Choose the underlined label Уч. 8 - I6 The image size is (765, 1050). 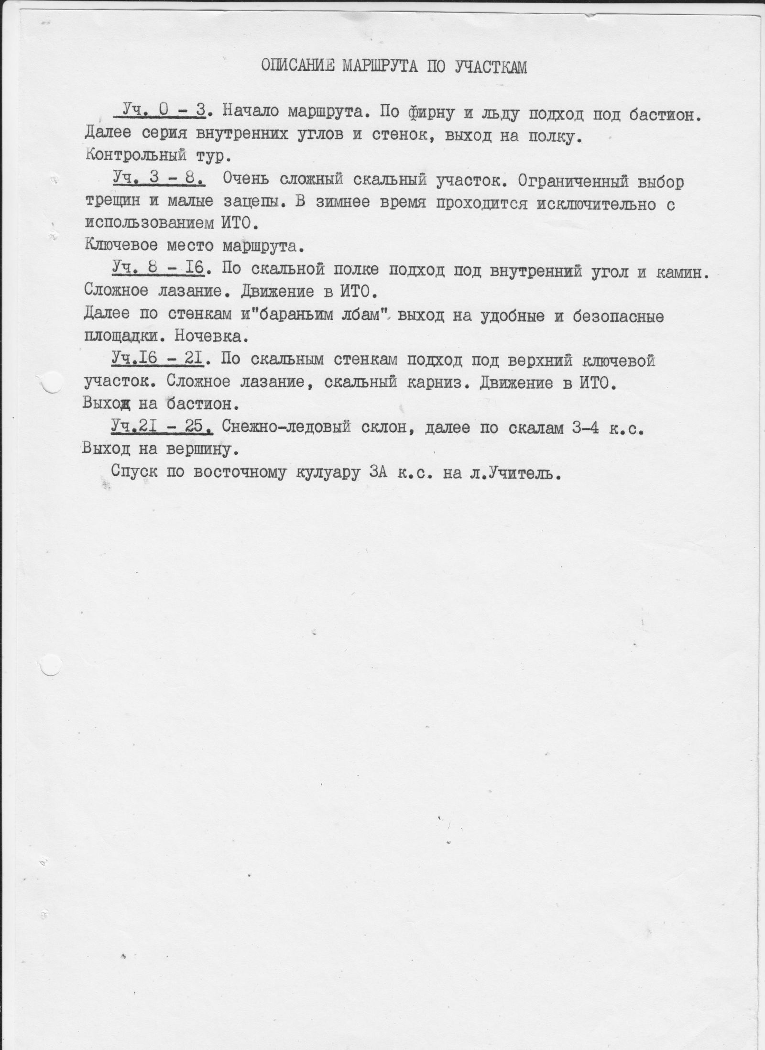158,270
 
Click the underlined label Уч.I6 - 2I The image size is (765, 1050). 158,360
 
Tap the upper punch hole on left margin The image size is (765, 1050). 53,383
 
